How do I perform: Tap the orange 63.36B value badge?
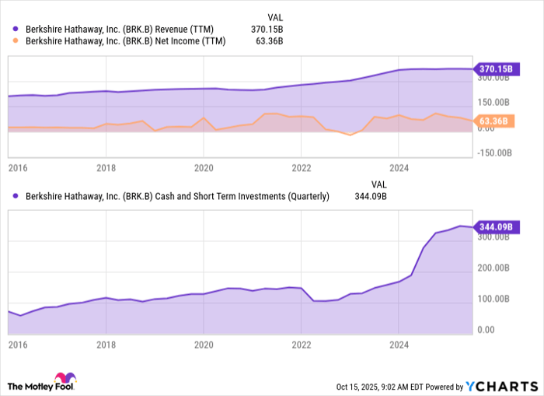pos(493,121)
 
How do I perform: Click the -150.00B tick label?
pos(493,152)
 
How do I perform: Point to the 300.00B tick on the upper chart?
pos(493,77)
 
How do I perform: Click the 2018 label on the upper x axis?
pos(106,167)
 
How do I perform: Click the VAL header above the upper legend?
pos(275,16)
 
